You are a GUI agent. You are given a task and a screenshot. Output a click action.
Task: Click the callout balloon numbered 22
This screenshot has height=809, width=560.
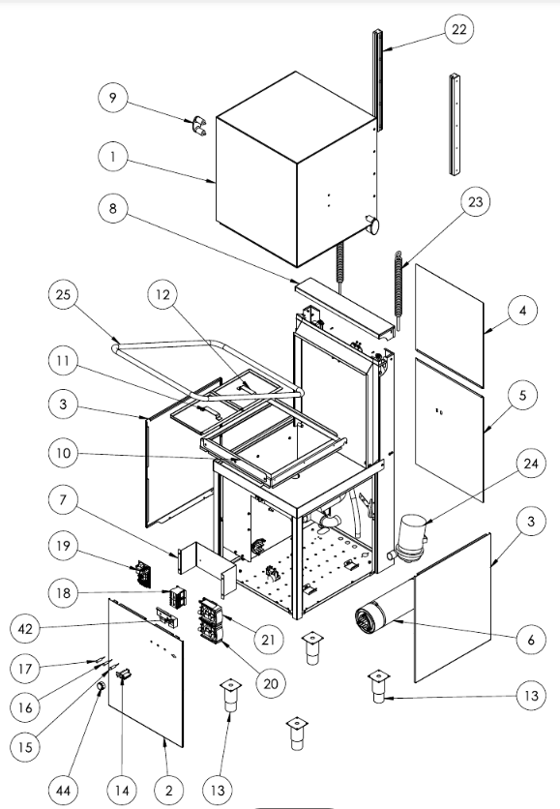[x=459, y=29]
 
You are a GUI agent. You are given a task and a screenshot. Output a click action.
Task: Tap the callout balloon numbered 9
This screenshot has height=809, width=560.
[x=113, y=98]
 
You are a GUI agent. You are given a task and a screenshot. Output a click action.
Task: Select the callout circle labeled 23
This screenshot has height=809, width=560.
[x=475, y=201]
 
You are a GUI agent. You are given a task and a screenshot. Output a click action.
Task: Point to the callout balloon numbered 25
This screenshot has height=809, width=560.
[x=63, y=294]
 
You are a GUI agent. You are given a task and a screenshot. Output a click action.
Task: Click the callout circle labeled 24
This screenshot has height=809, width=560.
[x=531, y=464]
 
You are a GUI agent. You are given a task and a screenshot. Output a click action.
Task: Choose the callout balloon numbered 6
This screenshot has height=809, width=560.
[x=531, y=640]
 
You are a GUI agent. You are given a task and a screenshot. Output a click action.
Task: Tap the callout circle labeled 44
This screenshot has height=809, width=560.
[x=63, y=790]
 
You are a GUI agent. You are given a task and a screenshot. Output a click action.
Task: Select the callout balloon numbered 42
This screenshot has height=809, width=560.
[x=25, y=629]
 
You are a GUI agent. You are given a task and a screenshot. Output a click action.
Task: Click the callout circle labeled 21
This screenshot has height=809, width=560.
[x=269, y=640]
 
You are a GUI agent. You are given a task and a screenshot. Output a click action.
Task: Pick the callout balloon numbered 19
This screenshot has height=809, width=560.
[x=63, y=546]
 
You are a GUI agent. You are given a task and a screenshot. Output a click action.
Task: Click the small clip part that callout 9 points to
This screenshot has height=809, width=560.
[x=197, y=126]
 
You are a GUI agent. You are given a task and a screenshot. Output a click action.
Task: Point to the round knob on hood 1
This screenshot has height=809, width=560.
[x=372, y=225]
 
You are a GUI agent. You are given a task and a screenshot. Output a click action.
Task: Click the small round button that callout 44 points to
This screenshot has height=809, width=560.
[x=102, y=686]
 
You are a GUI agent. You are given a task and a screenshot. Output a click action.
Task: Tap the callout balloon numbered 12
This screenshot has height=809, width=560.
[x=162, y=294]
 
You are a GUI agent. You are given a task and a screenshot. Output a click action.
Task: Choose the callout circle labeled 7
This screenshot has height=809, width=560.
[x=63, y=500]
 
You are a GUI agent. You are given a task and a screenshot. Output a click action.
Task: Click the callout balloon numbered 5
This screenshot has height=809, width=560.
[x=523, y=395]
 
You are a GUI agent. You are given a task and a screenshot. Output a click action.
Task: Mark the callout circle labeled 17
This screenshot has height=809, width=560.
[x=25, y=669]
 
